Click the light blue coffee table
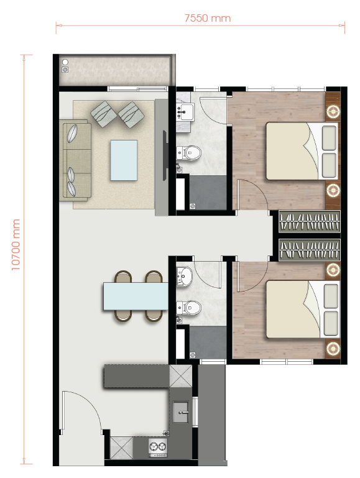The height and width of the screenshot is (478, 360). [124, 160]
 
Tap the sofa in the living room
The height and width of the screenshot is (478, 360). [76, 160]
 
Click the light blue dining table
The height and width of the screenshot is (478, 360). [136, 296]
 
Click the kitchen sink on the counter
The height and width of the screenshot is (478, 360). [182, 409]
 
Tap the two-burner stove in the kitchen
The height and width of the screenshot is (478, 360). [157, 446]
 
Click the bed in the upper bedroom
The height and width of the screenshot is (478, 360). [302, 150]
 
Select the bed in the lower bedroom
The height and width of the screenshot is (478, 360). [302, 309]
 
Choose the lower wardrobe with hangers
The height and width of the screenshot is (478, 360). [310, 250]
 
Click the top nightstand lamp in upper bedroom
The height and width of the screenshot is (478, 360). [333, 111]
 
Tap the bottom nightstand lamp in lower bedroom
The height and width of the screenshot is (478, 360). [333, 347]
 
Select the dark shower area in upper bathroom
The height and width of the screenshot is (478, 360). [203, 192]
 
